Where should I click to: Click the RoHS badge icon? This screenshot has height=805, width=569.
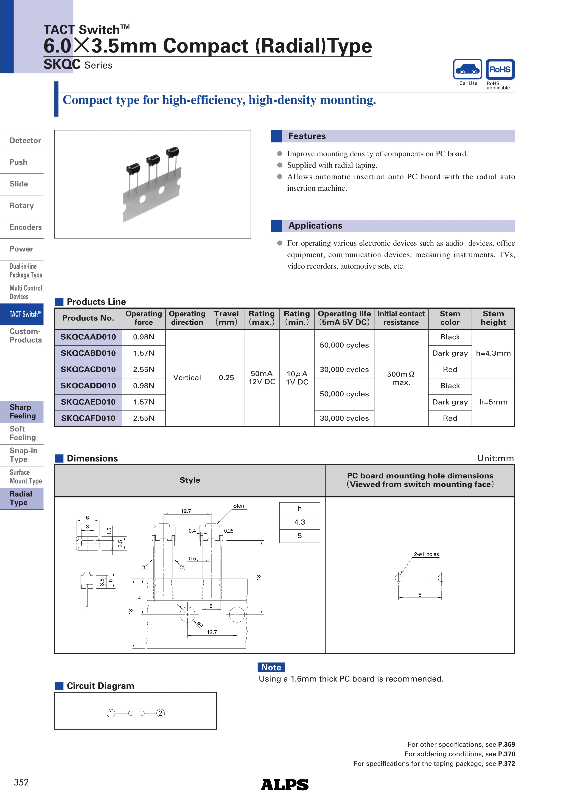[x=500, y=70]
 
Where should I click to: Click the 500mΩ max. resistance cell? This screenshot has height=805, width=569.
[x=401, y=378]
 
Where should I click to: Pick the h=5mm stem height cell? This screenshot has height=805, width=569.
[x=493, y=402]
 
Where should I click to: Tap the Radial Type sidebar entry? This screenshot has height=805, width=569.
[x=21, y=498]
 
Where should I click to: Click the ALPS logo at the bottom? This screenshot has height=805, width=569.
[x=285, y=785]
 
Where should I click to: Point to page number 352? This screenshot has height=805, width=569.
[x=21, y=782]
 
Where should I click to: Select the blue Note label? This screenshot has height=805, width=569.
[x=271, y=667]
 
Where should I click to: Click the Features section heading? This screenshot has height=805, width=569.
[x=307, y=136]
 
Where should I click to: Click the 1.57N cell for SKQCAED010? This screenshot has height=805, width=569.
[x=143, y=402]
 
